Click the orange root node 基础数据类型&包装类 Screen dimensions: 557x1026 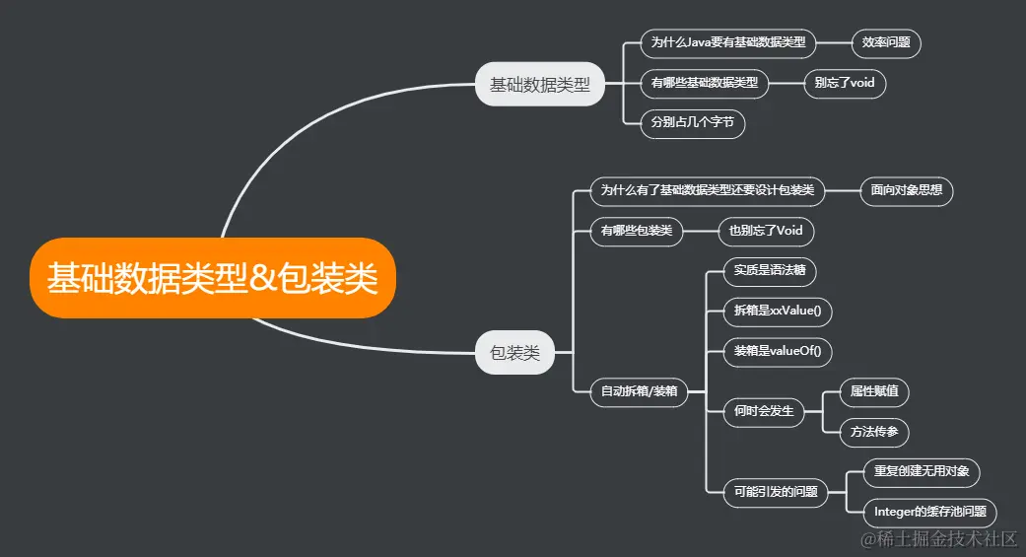click(212, 278)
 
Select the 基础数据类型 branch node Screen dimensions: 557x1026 click(539, 85)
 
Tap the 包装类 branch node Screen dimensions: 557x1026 click(514, 353)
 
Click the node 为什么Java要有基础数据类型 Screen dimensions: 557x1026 click(728, 42)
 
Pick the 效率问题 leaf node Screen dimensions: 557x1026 click(886, 42)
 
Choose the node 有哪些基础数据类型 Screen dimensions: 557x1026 click(704, 83)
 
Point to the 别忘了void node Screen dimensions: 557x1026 click(845, 83)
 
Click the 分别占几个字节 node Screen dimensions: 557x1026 click(692, 123)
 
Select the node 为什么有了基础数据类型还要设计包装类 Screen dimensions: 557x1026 click(707, 190)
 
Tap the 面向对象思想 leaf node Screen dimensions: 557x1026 click(907, 190)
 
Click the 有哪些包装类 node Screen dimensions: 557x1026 click(637, 231)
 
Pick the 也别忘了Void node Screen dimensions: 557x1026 click(766, 231)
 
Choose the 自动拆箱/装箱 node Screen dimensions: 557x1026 click(639, 391)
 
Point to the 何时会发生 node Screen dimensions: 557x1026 click(764, 411)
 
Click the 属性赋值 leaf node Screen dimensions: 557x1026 click(874, 391)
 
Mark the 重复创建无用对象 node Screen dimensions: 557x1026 click(921, 472)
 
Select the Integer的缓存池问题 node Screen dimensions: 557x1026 click(929, 513)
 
